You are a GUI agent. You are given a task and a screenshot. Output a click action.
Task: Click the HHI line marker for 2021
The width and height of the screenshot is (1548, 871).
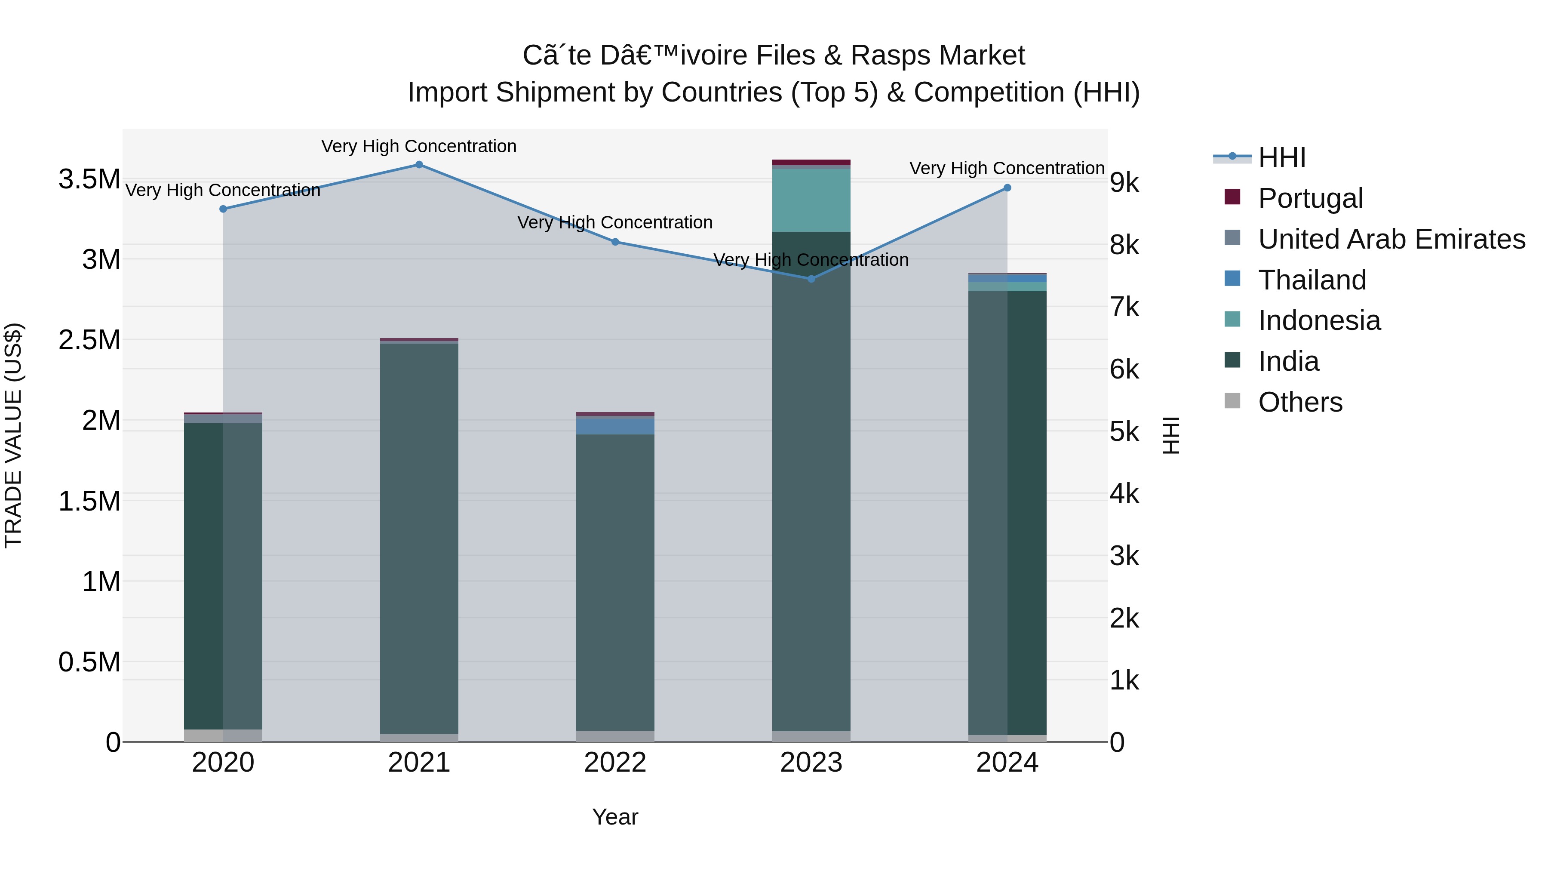(419, 165)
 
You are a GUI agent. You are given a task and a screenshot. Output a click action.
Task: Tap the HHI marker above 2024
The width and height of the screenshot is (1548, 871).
(1007, 188)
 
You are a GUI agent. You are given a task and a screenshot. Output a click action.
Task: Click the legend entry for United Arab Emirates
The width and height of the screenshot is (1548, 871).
(1391, 239)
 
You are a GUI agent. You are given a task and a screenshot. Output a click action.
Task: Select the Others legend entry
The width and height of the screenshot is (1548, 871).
(1300, 402)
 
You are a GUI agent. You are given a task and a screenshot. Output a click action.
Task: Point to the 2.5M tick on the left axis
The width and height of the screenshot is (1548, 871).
(89, 340)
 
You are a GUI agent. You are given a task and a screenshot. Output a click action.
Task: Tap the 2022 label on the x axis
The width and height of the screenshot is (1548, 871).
(615, 763)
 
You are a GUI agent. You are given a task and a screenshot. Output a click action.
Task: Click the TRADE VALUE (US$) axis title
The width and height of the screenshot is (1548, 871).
(13, 435)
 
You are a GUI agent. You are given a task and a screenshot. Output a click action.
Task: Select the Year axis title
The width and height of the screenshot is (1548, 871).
(615, 817)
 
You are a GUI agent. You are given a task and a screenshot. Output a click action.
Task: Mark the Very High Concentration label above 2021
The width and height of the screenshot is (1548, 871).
(419, 146)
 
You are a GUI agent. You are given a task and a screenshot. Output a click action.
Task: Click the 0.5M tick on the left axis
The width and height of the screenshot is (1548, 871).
(89, 662)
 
